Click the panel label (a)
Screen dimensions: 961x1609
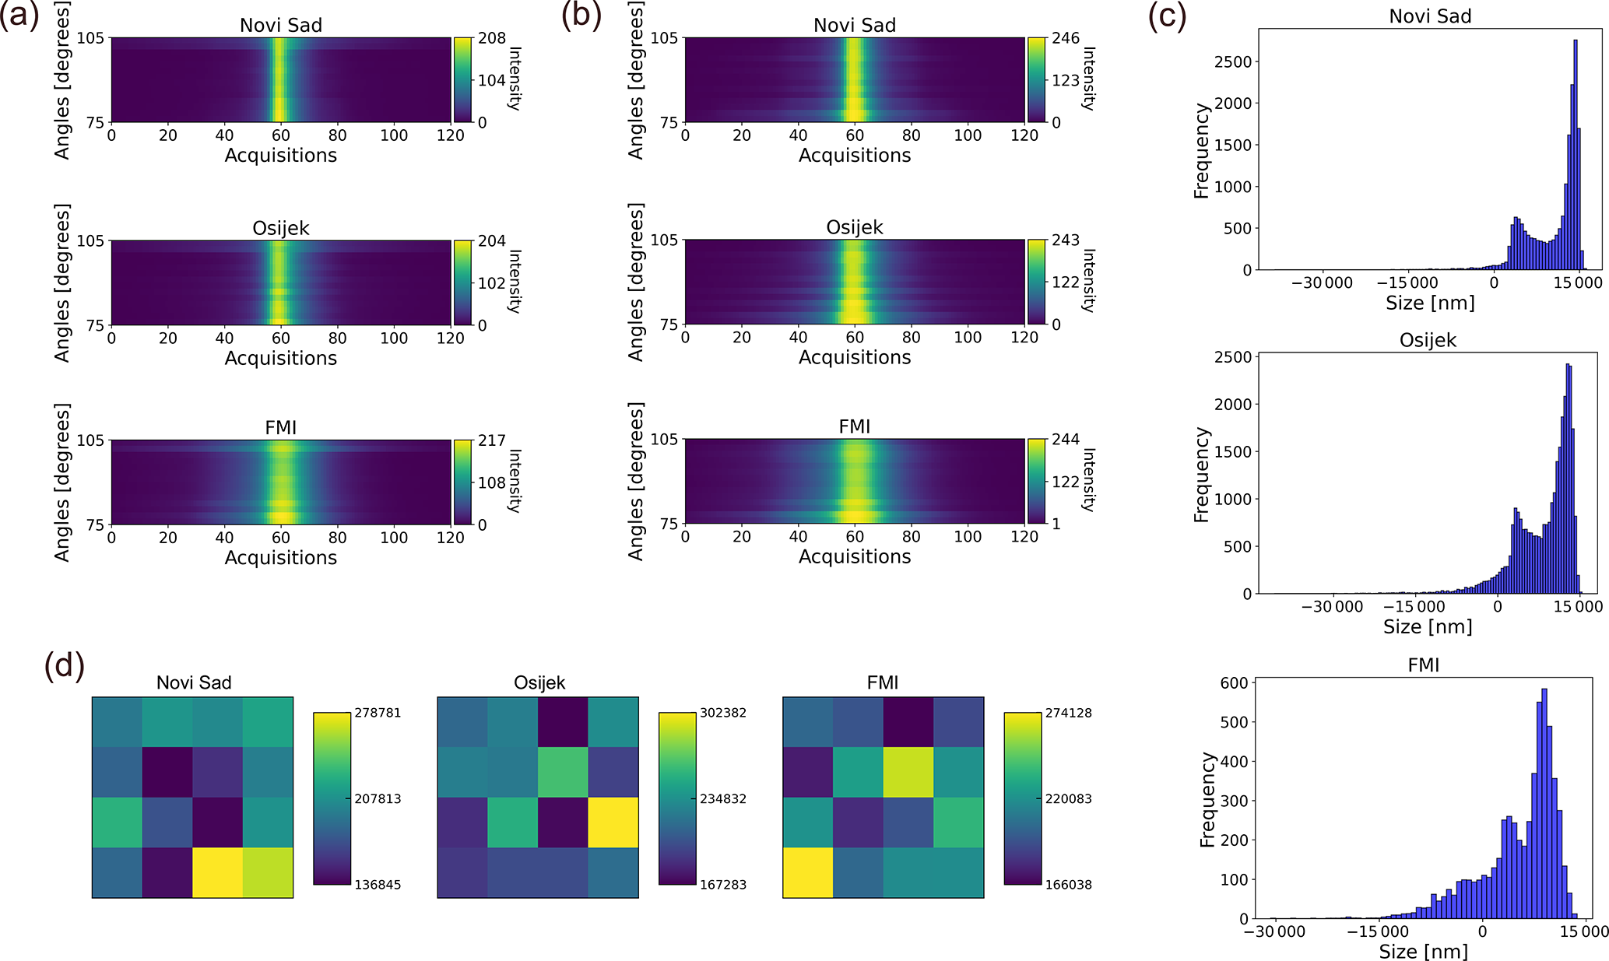pos(19,17)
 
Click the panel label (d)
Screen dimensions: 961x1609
pos(64,667)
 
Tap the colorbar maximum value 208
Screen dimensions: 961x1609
pos(491,38)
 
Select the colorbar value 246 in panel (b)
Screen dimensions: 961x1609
pos(1065,38)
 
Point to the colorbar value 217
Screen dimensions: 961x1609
pos(491,440)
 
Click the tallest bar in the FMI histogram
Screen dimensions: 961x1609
pos(1544,801)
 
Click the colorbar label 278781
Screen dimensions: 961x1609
pos(377,713)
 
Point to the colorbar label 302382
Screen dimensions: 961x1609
pos(722,713)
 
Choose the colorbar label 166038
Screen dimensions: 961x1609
pos(1068,885)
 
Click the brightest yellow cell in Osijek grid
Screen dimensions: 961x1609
pos(613,822)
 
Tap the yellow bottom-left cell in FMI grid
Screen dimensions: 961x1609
pos(808,872)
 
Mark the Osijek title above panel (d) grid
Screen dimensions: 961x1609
pos(539,682)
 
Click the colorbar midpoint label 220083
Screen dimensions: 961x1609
pos(1068,798)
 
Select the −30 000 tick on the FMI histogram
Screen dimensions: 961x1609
pos(1273,931)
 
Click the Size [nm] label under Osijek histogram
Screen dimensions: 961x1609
pos(1428,626)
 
